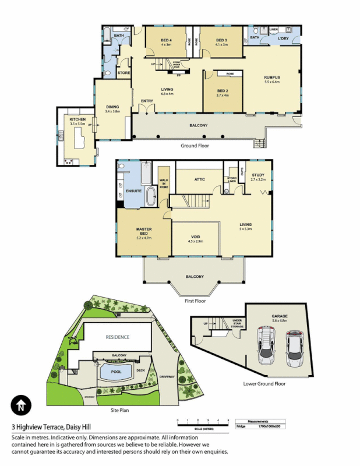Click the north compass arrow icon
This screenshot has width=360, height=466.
coord(21,404)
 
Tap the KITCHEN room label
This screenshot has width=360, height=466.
coord(77,120)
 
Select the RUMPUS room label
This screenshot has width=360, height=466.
coord(272,77)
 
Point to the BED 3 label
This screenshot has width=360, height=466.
coord(221,40)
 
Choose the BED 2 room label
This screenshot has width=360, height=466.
coord(223,91)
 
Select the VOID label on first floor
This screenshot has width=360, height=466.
coord(195,237)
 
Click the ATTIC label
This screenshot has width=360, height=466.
coord(199,179)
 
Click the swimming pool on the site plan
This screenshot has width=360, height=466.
coord(115,371)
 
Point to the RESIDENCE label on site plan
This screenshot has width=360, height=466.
coord(117,337)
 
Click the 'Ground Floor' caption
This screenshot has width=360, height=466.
coord(195,146)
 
